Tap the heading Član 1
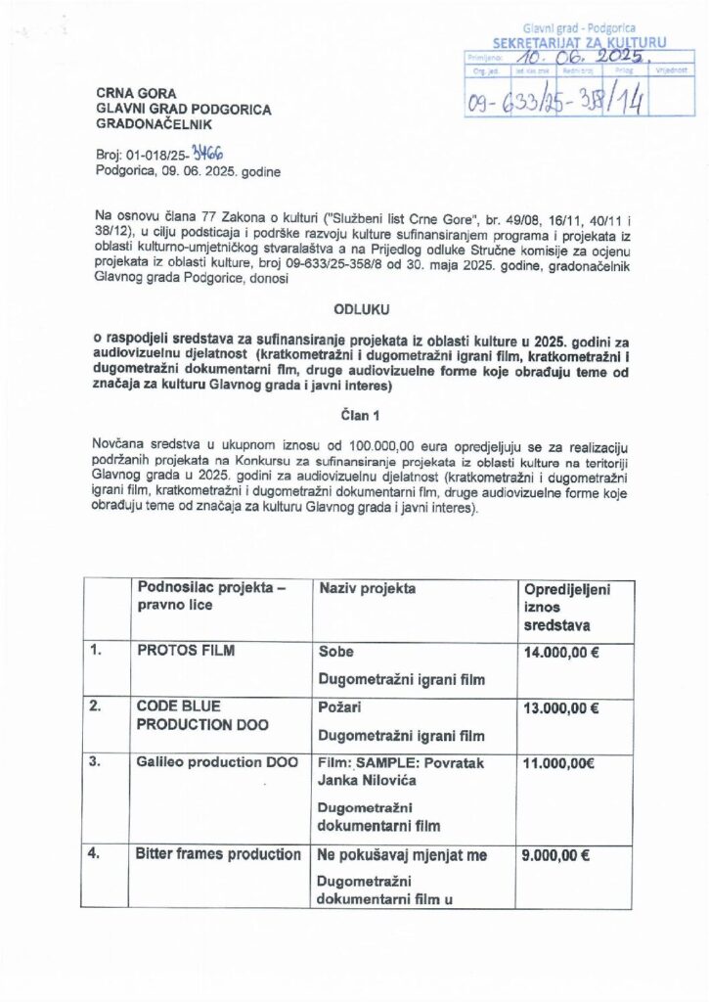pos(354,413)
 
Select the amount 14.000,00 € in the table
pos(562,651)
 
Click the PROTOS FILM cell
pos(186,651)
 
